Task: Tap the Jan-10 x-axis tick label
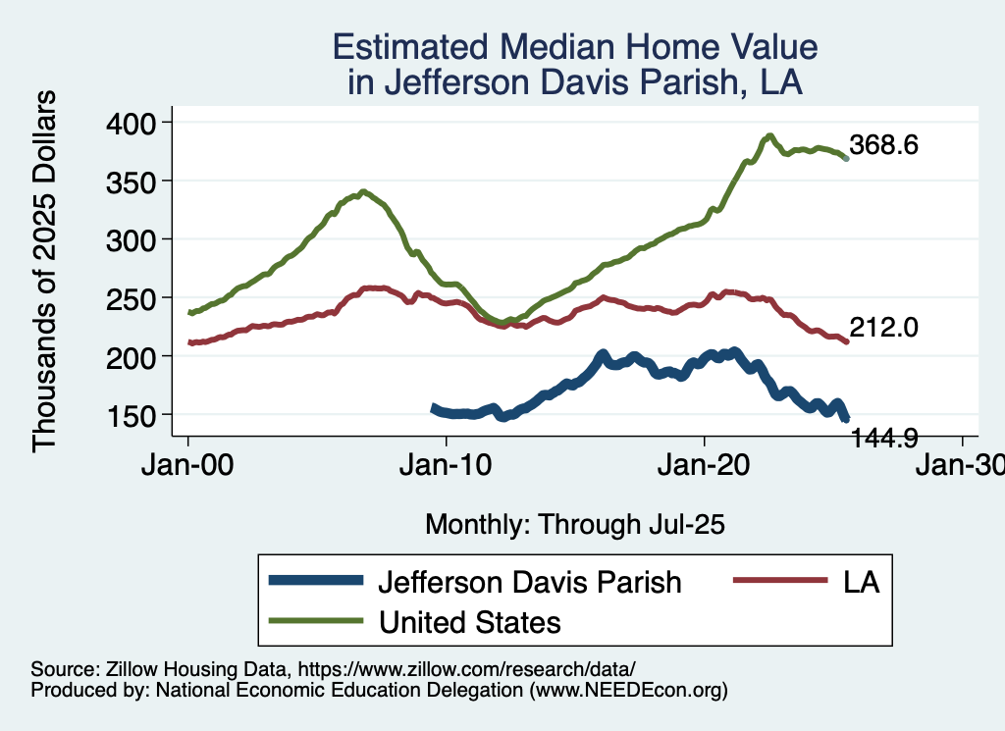point(447,466)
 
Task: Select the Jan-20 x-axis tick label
point(705,466)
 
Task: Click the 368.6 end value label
point(884,146)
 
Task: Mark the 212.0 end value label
point(884,329)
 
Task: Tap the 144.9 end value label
point(884,438)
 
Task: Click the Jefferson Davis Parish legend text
point(529,582)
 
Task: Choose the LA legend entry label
point(860,582)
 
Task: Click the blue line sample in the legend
point(314,581)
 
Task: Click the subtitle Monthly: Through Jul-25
point(574,525)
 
